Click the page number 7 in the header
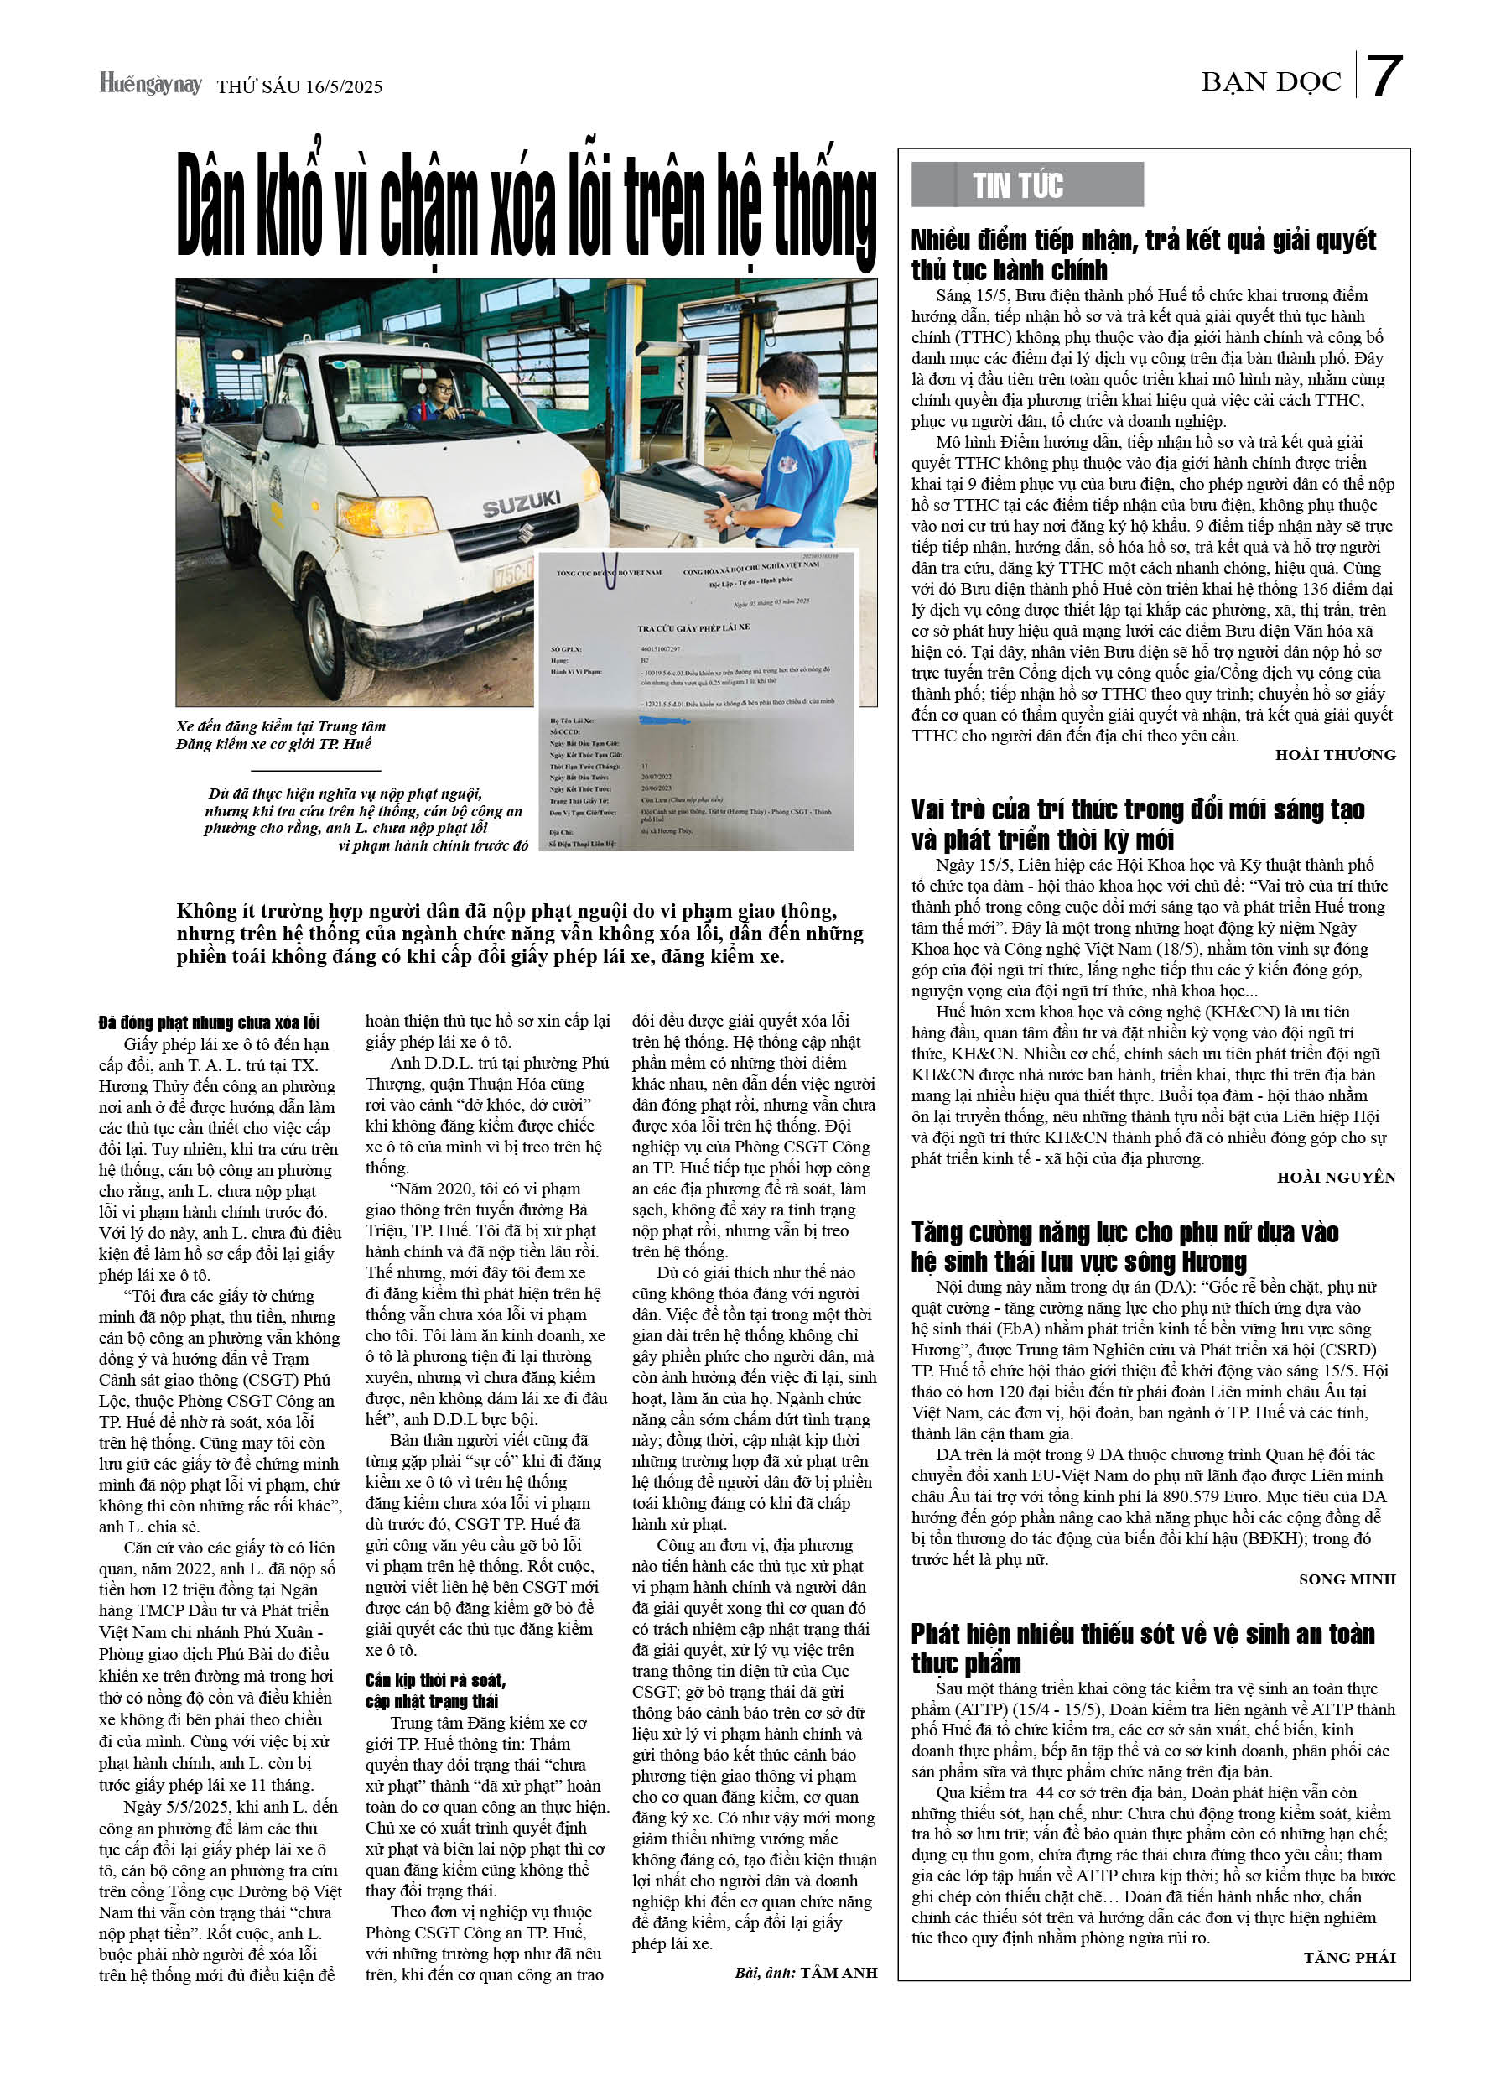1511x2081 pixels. click(1383, 77)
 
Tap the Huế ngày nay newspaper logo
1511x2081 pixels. click(150, 85)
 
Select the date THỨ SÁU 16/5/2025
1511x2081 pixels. click(299, 87)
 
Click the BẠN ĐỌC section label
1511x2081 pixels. click(1270, 82)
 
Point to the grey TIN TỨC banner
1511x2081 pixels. click(1026, 185)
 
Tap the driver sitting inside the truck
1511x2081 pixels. click(440, 397)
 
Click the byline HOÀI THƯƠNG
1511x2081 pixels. click(1334, 754)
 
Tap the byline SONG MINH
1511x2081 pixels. click(1346, 1579)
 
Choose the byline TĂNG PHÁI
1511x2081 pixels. click(1348, 1957)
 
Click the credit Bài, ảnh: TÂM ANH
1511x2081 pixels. click(806, 1972)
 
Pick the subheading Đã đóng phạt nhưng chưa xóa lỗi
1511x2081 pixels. click(209, 1022)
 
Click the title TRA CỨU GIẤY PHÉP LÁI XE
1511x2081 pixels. click(693, 627)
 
